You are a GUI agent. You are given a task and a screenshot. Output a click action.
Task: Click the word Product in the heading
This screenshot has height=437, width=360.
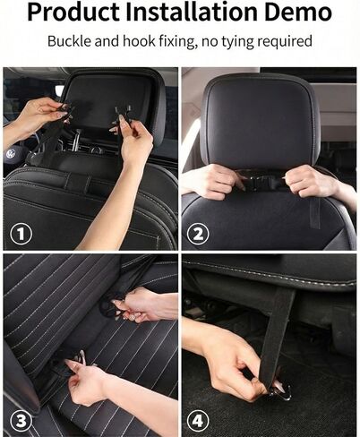[x=73, y=13]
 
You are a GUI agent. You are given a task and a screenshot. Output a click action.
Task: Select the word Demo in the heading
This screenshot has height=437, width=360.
[x=297, y=12]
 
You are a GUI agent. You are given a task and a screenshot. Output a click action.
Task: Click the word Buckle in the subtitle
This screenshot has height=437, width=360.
[x=69, y=41]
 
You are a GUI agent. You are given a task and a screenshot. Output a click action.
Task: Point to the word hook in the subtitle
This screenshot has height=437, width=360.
[x=139, y=41]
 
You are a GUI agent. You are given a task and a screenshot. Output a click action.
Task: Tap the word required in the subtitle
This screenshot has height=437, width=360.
[x=285, y=42]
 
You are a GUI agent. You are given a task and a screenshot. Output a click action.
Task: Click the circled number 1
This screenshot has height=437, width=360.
[x=21, y=235]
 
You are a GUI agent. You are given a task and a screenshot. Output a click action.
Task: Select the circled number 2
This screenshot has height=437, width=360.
[x=198, y=235]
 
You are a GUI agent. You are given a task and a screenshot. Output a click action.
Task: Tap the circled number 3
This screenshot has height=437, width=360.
[x=21, y=422]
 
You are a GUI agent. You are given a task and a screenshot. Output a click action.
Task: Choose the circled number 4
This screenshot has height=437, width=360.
[x=198, y=422]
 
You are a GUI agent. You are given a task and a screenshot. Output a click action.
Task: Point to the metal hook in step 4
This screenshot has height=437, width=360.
[x=280, y=391]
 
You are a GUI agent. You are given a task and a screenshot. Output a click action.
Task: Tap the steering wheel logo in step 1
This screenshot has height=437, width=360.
[x=11, y=154]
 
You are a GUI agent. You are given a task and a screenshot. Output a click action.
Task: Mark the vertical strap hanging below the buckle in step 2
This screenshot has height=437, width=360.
[x=314, y=212]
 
